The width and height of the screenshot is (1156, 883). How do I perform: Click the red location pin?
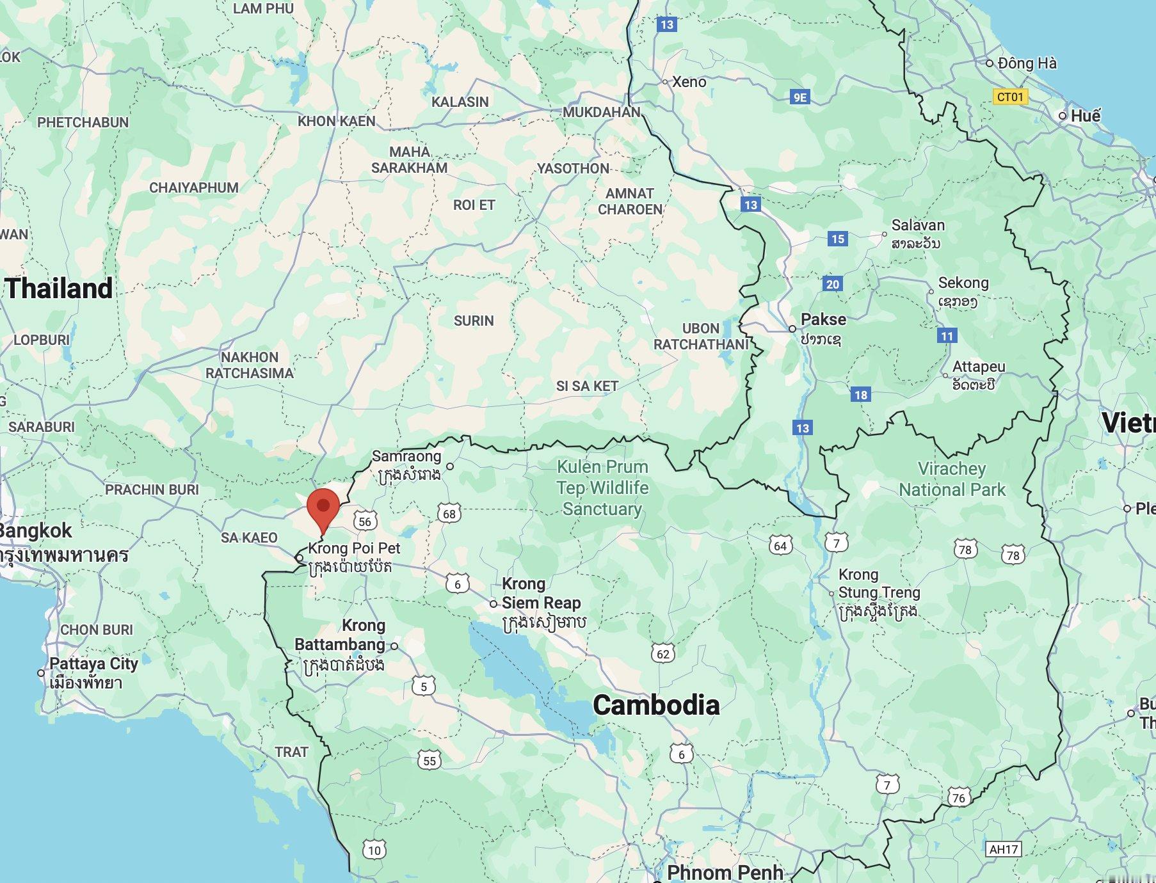[x=323, y=507]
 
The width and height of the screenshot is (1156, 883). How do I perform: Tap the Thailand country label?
[x=60, y=289]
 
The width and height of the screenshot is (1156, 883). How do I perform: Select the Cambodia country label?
[x=656, y=705]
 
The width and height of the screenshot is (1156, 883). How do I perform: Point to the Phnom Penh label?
[x=725, y=872]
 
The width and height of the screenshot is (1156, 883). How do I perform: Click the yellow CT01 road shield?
[x=1010, y=97]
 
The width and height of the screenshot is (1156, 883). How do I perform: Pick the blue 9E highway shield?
[x=800, y=97]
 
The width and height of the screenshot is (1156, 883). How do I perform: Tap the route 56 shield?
[x=365, y=521]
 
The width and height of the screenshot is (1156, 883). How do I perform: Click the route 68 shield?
[x=449, y=513]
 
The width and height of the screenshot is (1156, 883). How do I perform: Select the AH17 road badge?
[x=1003, y=849]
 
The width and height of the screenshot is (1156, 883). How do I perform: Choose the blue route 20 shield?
[x=832, y=284]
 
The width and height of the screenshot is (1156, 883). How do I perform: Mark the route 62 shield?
[x=663, y=653]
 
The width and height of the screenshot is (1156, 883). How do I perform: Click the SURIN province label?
[x=474, y=321]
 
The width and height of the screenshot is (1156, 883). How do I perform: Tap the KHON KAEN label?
[x=337, y=121]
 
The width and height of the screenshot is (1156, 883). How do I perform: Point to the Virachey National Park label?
[x=952, y=479]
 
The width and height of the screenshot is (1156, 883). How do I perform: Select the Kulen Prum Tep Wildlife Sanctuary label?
[x=602, y=488]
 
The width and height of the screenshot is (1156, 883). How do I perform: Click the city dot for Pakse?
[x=792, y=328]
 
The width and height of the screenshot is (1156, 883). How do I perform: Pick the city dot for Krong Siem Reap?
[x=493, y=603]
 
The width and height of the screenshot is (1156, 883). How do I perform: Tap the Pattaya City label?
[x=93, y=664]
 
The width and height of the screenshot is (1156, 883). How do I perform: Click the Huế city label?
[x=1086, y=116]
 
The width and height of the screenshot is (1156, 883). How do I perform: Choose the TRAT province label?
[x=291, y=752]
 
